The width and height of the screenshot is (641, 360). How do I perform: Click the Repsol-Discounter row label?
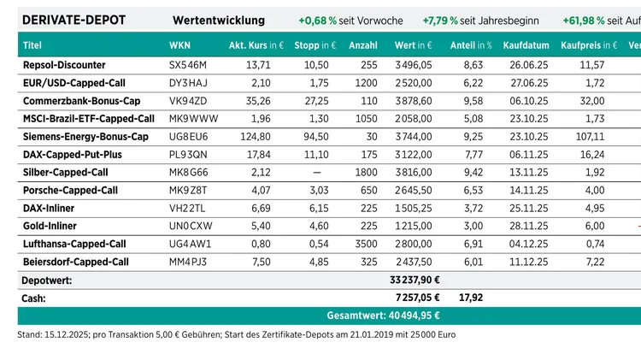(x=64, y=65)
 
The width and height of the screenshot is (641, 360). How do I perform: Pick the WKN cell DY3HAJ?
(x=187, y=83)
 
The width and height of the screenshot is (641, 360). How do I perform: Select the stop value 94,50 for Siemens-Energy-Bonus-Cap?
(x=317, y=137)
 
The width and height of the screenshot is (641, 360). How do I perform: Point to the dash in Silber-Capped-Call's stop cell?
(x=318, y=172)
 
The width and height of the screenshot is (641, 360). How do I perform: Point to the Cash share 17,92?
(x=472, y=298)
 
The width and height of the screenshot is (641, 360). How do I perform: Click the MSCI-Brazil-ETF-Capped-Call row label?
(x=89, y=119)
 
